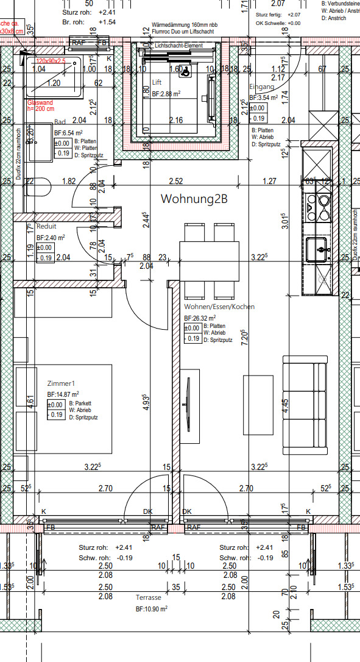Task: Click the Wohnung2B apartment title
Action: coord(194,199)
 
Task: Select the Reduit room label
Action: coord(46,226)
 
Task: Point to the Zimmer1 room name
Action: coord(61,383)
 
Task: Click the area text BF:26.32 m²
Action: coord(200,318)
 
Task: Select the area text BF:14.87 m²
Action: coord(63,394)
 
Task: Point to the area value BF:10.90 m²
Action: coord(152,609)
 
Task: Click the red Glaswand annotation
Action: coord(41,104)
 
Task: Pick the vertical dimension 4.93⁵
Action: coord(145,404)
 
